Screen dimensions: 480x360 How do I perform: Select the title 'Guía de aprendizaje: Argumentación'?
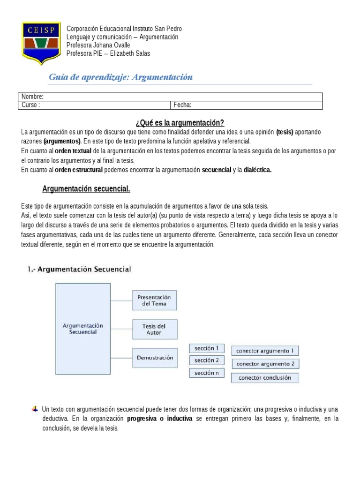(x=121, y=77)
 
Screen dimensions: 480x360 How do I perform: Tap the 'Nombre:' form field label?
(x=32, y=97)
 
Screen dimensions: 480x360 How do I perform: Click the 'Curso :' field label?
(x=31, y=105)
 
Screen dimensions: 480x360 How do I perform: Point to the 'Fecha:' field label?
(x=182, y=105)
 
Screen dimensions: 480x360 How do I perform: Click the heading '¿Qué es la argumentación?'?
(x=180, y=123)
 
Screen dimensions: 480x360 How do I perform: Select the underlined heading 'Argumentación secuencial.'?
(x=86, y=189)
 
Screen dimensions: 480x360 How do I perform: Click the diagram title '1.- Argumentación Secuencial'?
(x=77, y=269)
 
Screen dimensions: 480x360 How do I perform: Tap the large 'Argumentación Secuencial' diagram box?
(x=82, y=328)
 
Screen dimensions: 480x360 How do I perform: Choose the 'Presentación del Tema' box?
(x=154, y=300)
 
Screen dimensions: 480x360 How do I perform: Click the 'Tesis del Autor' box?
(x=154, y=329)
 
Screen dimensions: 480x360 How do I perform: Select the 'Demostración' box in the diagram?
(x=154, y=358)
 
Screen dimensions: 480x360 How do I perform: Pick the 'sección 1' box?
(x=207, y=348)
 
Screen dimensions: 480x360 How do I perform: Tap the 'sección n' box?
(x=207, y=373)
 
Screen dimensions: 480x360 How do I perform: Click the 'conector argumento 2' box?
(x=265, y=364)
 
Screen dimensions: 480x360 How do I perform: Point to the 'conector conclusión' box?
(x=265, y=377)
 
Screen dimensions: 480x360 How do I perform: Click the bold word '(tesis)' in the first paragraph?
(x=285, y=132)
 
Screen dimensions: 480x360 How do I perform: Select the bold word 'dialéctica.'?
(x=257, y=170)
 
